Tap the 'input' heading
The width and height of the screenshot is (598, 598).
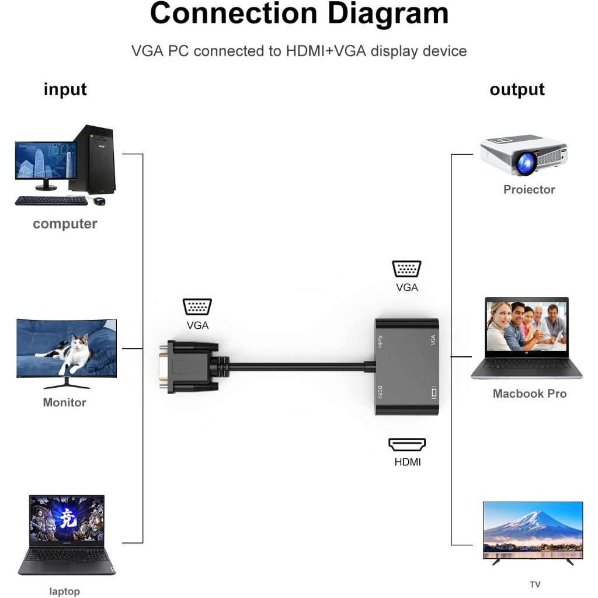click(65, 89)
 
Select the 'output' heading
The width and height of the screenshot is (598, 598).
click(517, 89)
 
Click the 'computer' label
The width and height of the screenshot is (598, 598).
click(65, 224)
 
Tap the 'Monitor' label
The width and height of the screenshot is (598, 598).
click(64, 402)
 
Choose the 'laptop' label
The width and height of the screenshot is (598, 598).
click(64, 592)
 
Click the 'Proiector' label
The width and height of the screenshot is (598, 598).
click(529, 189)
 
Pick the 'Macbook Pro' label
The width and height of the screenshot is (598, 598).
click(530, 394)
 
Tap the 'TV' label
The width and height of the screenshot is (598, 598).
click(535, 584)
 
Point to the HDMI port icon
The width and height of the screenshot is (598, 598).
click(407, 444)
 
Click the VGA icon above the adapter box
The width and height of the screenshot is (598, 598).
click(406, 269)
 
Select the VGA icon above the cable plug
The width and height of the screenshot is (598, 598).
click(197, 307)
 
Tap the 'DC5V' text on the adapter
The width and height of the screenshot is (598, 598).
click(380, 392)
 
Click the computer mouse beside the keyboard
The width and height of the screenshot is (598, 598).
click(99, 201)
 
